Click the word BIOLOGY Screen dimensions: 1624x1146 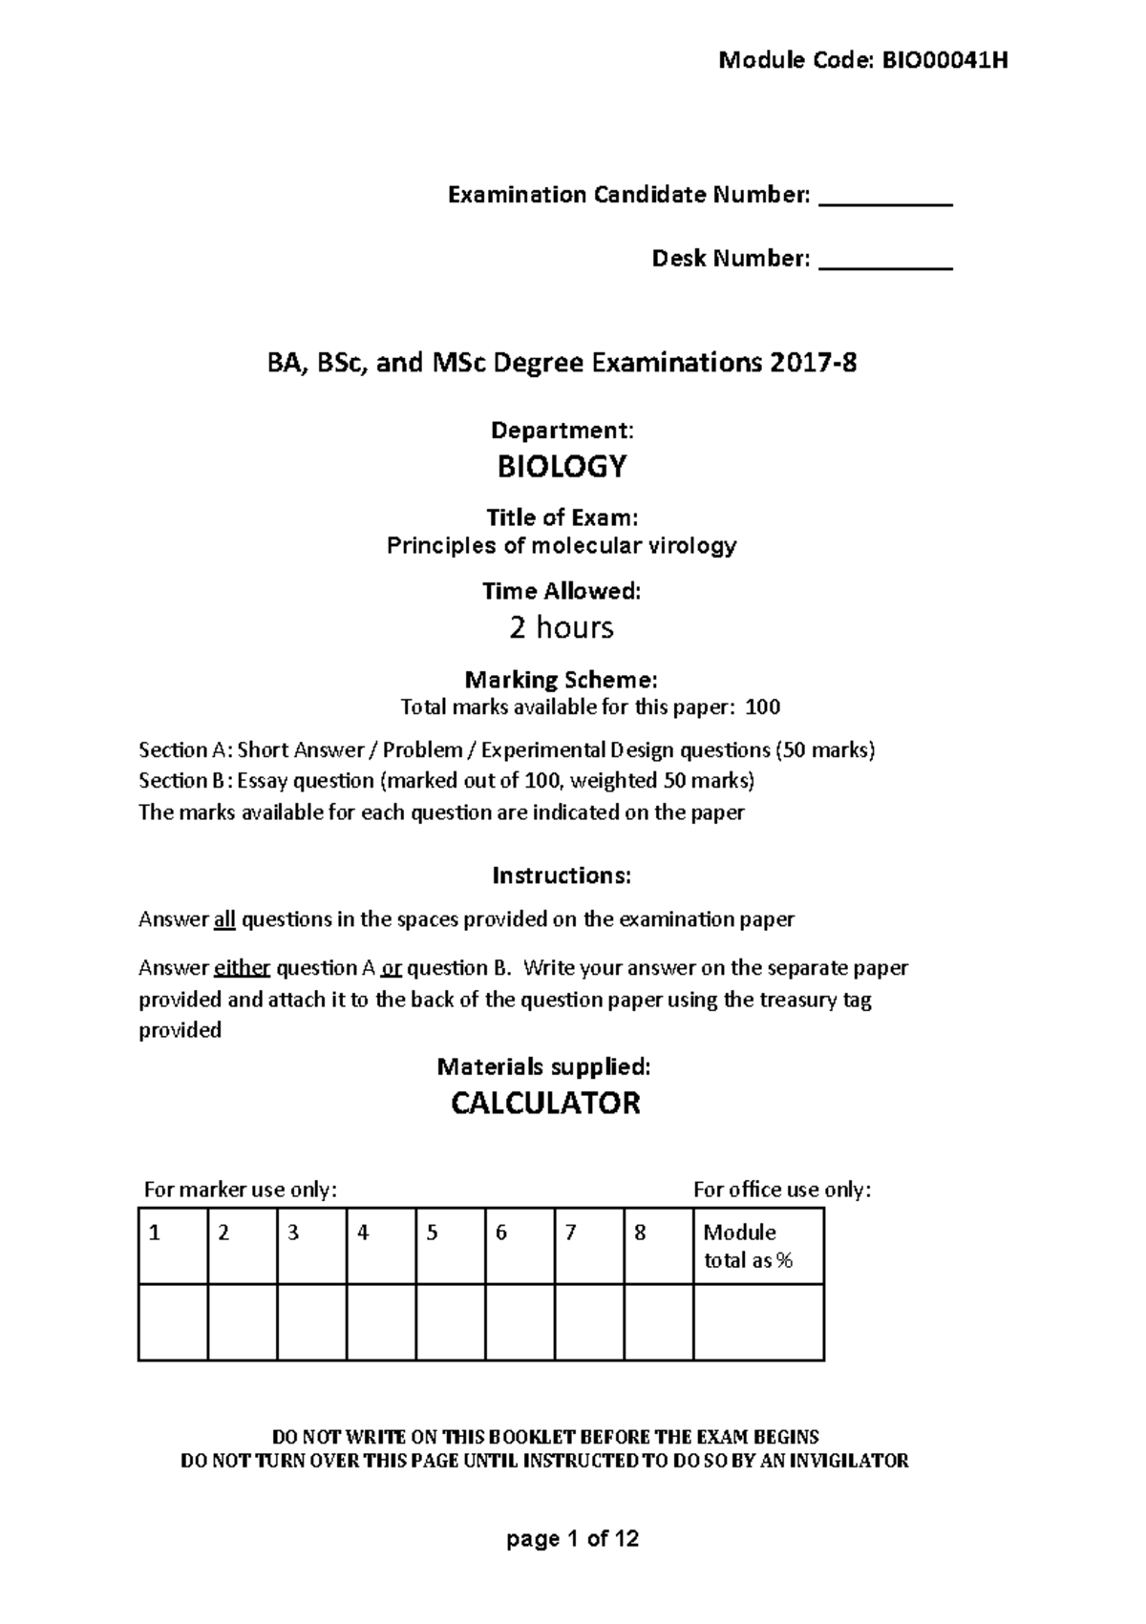[x=562, y=467]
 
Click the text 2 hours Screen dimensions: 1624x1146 [x=562, y=627]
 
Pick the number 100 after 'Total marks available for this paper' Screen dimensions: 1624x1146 [x=762, y=707]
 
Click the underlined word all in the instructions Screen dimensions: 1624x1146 [x=223, y=919]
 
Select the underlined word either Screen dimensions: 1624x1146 [x=243, y=968]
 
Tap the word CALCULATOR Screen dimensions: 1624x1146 [x=545, y=1104]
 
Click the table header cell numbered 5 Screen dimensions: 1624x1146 [x=450, y=1245]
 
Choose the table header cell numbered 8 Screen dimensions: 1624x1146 [x=658, y=1245]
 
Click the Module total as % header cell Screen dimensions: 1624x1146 [x=758, y=1245]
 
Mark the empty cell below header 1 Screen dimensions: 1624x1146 [x=173, y=1321]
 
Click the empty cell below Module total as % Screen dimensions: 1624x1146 [x=758, y=1321]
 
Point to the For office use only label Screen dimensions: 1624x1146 [x=782, y=1190]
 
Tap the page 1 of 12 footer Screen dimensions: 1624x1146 [x=573, y=1539]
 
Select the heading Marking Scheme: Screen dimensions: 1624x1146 [x=561, y=680]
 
